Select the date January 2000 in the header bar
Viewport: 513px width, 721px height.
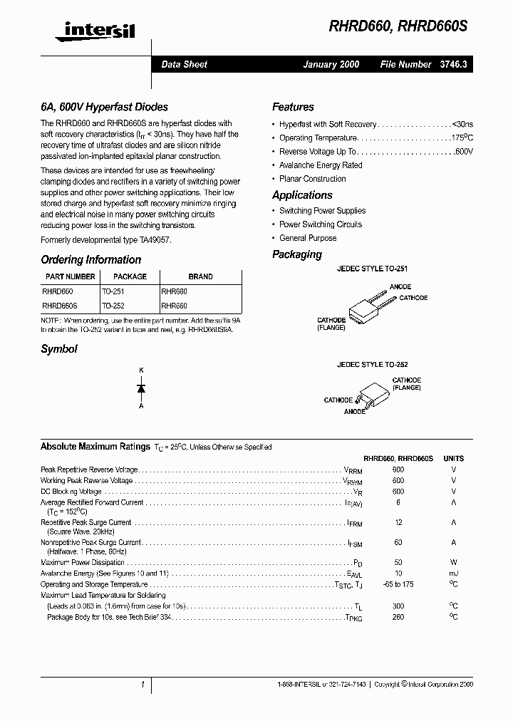(x=331, y=64)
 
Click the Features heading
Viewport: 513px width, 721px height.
(x=293, y=107)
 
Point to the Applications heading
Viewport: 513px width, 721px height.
(x=302, y=195)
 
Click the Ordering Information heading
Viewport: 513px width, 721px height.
(x=90, y=260)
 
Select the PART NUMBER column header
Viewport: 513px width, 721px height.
(x=70, y=276)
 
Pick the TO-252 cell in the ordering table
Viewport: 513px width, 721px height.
(x=113, y=306)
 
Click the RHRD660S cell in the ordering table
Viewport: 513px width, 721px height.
(x=60, y=306)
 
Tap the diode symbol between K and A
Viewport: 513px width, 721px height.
(x=141, y=388)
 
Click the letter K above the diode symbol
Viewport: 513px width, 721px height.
(x=141, y=370)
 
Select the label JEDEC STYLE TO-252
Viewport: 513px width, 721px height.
(x=372, y=364)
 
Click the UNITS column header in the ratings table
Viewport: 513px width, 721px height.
(x=453, y=459)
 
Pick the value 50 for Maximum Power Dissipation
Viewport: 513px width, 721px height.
(x=398, y=562)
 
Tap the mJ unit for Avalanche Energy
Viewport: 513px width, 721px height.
(x=453, y=574)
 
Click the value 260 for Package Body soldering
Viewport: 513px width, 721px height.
(x=398, y=617)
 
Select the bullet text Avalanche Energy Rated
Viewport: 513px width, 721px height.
(x=321, y=165)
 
